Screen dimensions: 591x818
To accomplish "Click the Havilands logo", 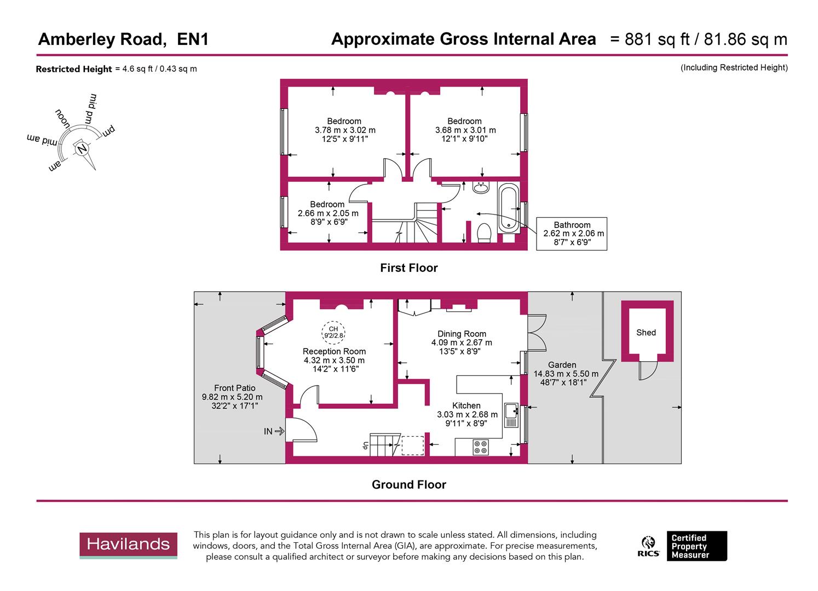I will (128, 545).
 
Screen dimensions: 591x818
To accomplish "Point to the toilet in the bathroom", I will (483, 233).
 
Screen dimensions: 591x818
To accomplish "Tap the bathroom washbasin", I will (481, 188).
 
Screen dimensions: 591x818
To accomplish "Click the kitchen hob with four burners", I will (481, 447).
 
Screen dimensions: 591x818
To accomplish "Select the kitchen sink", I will (511, 415).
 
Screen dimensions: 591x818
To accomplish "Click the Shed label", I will (646, 332).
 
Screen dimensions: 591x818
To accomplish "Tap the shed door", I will (647, 370).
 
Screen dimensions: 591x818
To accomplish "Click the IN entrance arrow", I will (274, 431).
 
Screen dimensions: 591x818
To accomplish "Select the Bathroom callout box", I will (572, 234).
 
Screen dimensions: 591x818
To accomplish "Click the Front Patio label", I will (234, 388).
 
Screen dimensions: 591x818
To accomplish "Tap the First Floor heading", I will (408, 268).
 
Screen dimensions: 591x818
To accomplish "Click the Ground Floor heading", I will (408, 485).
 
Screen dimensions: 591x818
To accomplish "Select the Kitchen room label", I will (466, 405).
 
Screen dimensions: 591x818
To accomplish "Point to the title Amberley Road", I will (101, 39).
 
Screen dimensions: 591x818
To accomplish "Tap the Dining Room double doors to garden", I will (537, 333).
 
